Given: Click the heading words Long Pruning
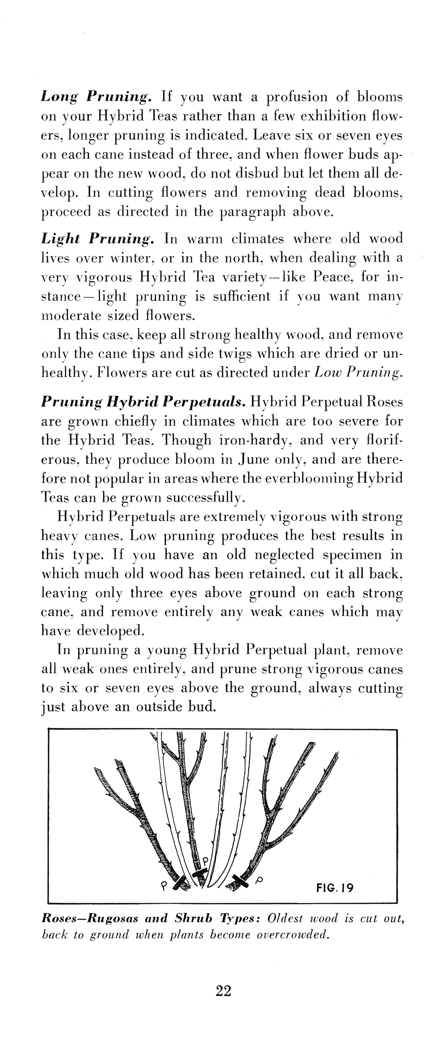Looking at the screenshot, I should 96,97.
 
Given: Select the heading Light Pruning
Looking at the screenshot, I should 97,239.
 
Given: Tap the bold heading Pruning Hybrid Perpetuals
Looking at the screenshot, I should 144,402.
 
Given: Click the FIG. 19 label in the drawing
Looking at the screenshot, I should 335,888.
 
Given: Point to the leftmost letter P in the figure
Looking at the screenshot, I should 163,886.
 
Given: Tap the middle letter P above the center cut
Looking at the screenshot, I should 205,860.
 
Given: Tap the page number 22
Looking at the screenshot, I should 224,991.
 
